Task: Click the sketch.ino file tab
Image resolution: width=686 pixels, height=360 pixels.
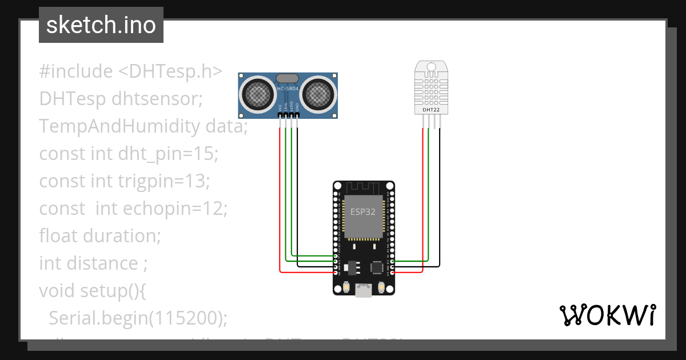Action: pyautogui.click(x=101, y=25)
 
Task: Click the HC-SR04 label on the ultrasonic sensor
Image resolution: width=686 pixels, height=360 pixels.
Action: pyautogui.click(x=288, y=89)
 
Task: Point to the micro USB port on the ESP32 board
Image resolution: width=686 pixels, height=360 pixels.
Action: pyautogui.click(x=363, y=290)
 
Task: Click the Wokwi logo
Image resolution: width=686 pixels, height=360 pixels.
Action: pyautogui.click(x=607, y=315)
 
